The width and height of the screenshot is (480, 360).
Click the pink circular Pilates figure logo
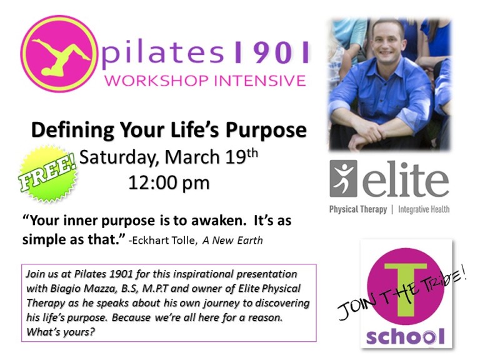click(57, 54)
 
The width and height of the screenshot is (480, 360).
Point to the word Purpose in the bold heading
click(266, 131)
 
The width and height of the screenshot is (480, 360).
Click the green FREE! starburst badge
click(49, 174)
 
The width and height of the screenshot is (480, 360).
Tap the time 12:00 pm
click(169, 182)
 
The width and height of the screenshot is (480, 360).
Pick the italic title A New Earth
click(232, 240)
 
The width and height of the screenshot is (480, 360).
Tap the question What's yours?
click(61, 332)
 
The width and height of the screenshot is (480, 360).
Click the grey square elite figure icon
click(343, 178)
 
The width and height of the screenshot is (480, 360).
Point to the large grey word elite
click(406, 180)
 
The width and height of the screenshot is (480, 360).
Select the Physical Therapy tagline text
click(358, 209)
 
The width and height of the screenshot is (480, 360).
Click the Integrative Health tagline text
click(424, 209)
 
